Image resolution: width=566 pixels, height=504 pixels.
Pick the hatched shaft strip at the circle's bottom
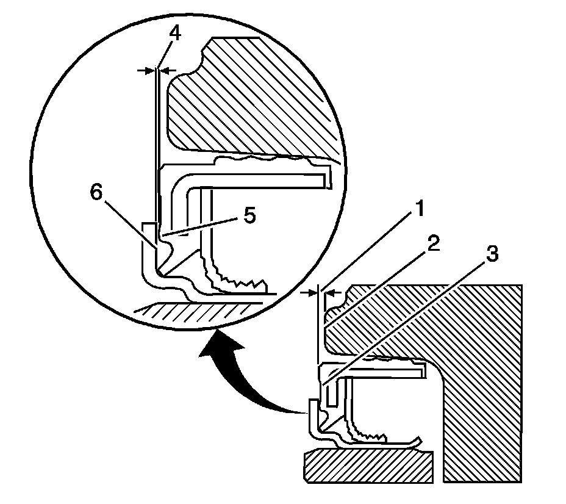coord(195,311)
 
